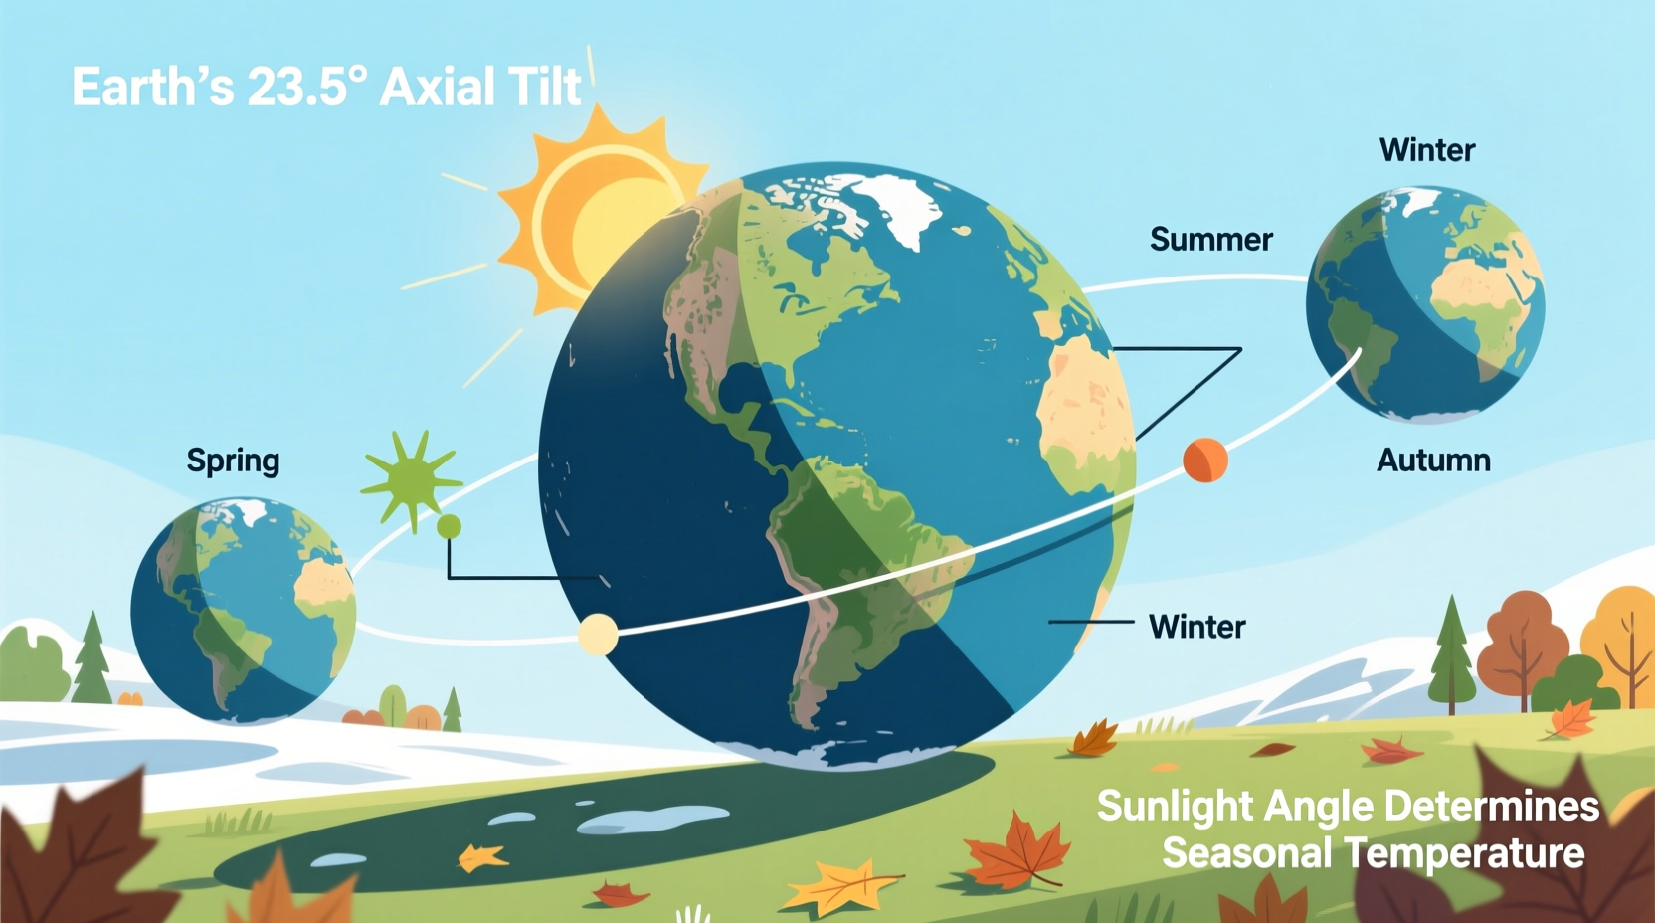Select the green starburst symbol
tap(410, 479)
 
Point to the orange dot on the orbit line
tap(1204, 461)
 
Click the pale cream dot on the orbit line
tap(598, 635)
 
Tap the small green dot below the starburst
tap(450, 526)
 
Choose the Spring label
tap(233, 461)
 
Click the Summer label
tap(1210, 240)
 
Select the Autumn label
tap(1433, 461)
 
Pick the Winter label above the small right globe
tap(1426, 150)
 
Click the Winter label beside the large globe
tap(1196, 627)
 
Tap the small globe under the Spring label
tap(244, 609)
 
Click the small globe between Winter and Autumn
tap(1425, 303)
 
